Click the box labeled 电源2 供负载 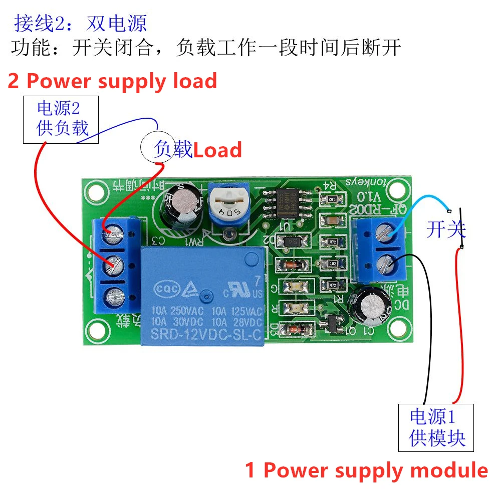point(62,119)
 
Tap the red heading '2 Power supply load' point(112,81)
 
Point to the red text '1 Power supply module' point(366,470)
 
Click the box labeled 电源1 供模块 point(436,427)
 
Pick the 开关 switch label point(445,229)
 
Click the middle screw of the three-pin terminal point(114,265)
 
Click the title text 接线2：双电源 point(80,23)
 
